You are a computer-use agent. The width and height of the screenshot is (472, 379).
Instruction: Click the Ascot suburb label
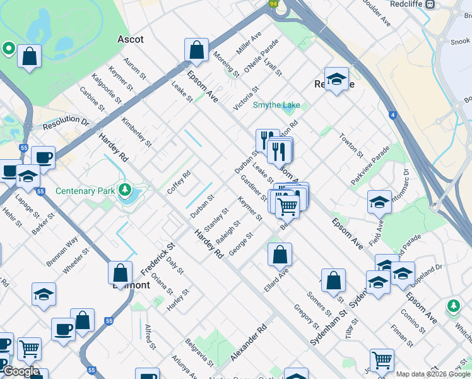(131, 39)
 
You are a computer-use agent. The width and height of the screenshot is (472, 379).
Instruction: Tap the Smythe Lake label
(276, 105)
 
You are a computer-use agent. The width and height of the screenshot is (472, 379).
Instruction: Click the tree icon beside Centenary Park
(126, 189)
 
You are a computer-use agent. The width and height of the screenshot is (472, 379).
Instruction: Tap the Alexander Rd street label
(249, 344)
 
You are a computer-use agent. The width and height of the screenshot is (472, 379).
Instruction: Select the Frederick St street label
(157, 258)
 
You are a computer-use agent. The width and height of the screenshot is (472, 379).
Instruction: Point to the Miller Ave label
(248, 44)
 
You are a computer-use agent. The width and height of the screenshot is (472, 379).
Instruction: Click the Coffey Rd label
(179, 183)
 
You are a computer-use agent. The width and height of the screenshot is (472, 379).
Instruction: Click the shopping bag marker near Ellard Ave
(280, 255)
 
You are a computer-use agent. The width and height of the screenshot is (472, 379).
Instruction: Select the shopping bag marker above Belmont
(120, 273)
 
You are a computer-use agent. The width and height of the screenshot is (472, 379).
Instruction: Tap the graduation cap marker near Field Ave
(379, 202)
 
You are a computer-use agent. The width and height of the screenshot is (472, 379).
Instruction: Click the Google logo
(21, 372)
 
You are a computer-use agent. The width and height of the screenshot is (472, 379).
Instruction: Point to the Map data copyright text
(433, 374)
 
